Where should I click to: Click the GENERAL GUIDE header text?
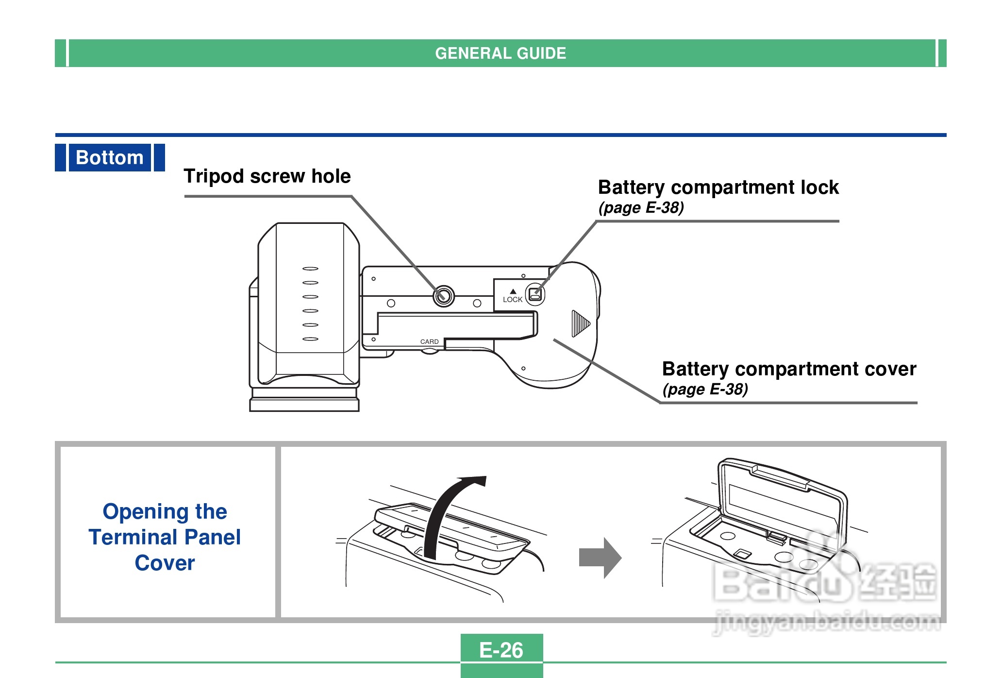pyautogui.click(x=501, y=53)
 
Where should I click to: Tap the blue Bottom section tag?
pyautogui.click(x=110, y=158)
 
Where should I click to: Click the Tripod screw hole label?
pyautogui.click(x=267, y=176)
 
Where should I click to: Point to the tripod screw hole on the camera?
pyautogui.click(x=443, y=296)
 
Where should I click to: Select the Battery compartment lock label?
pyautogui.click(x=718, y=187)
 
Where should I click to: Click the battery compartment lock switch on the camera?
pyautogui.click(x=535, y=294)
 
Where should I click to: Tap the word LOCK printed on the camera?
pyautogui.click(x=513, y=300)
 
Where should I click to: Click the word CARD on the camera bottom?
pyautogui.click(x=429, y=342)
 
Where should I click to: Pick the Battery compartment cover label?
pyautogui.click(x=789, y=369)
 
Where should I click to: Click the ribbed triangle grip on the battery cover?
pyautogui.click(x=580, y=323)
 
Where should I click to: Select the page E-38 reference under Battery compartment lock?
pyautogui.click(x=641, y=208)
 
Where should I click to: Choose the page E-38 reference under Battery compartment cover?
pyautogui.click(x=705, y=390)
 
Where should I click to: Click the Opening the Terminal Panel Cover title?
pyautogui.click(x=165, y=537)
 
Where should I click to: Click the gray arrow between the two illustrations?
pyautogui.click(x=600, y=558)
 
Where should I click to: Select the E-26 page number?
pyautogui.click(x=501, y=650)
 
